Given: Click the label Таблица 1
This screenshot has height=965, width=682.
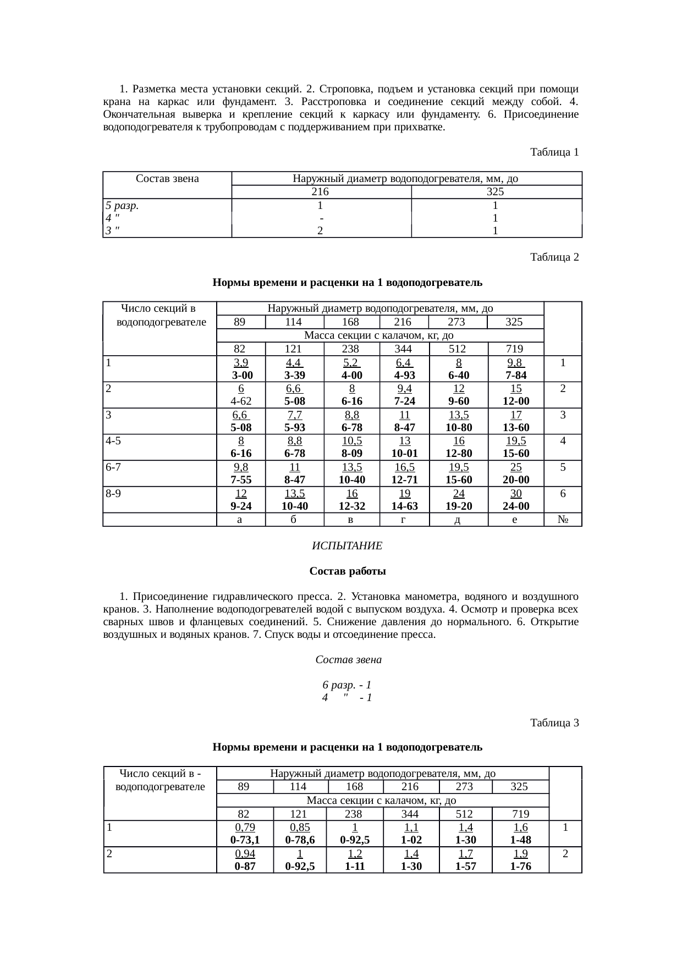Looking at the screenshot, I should tap(554, 152).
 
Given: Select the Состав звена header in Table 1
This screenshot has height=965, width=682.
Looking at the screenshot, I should tap(167, 178).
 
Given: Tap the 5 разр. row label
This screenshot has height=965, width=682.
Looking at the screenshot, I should tap(122, 205).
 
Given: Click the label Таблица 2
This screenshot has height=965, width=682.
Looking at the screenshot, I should tap(554, 257).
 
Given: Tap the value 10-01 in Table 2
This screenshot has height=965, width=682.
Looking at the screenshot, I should tap(404, 454).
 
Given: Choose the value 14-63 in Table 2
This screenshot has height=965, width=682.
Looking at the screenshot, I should tap(404, 506).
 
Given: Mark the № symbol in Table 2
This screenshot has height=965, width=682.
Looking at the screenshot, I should tap(563, 519).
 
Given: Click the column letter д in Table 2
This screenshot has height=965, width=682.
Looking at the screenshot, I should tap(458, 519).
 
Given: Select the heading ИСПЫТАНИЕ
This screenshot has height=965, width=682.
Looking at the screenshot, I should tap(347, 546).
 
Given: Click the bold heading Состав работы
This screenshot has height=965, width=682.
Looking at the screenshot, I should tap(347, 571).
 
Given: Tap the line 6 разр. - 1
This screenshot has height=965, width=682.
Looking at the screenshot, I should tap(346, 685).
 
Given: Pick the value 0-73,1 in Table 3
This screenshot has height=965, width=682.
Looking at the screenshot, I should tap(245, 840).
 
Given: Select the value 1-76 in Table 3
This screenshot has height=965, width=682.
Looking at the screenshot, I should tap(520, 867).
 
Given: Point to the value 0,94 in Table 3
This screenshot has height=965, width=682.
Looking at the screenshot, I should tap(245, 853).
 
